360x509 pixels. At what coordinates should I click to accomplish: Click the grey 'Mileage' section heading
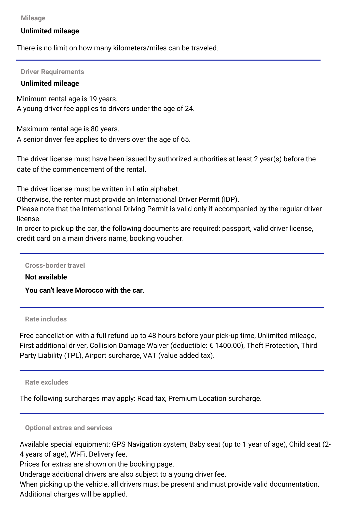tap(33, 18)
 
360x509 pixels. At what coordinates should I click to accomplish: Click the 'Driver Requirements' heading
tap(52, 72)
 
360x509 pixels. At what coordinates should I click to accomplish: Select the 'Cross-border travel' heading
tap(55, 265)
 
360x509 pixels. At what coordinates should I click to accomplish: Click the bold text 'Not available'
tap(46, 277)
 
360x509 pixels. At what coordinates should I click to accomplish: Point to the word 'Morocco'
tap(89, 290)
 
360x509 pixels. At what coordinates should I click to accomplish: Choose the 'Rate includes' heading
tap(46, 319)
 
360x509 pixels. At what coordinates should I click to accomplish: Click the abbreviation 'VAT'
tap(150, 356)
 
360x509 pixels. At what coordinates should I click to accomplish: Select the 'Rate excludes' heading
tap(47, 382)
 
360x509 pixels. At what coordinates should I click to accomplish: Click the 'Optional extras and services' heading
tap(68, 428)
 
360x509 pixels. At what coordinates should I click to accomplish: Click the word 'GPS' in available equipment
tap(119, 444)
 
